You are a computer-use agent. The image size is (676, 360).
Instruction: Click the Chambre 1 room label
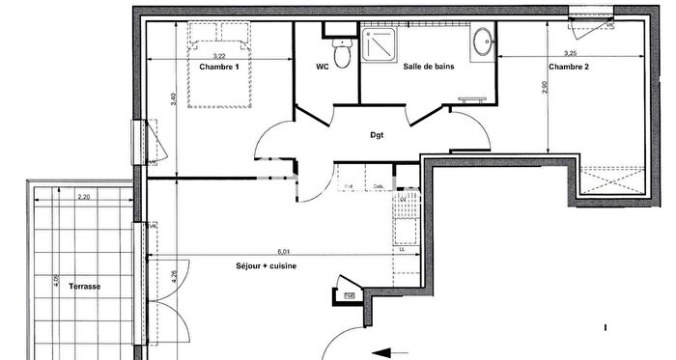(x=218, y=68)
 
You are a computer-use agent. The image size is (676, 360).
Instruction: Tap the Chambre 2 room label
(x=568, y=68)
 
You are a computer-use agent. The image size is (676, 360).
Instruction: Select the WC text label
(x=323, y=68)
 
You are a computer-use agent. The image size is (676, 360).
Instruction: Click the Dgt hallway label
(x=377, y=135)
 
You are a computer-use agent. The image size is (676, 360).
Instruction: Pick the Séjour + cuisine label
(x=266, y=265)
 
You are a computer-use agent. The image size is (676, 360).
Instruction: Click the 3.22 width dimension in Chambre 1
(x=221, y=57)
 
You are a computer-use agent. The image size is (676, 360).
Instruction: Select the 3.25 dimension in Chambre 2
(x=570, y=53)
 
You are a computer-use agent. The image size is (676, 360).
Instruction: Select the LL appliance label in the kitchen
(x=402, y=249)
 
